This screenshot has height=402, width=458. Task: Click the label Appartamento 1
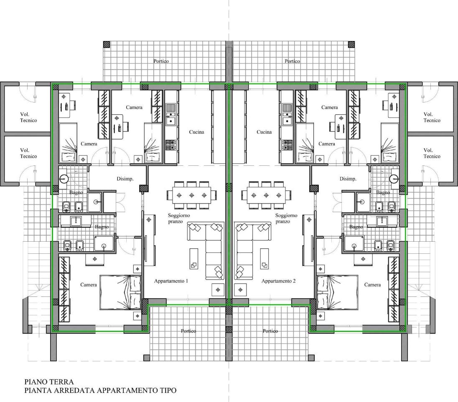coord(171,281)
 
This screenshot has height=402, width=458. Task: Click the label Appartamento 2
coord(278,281)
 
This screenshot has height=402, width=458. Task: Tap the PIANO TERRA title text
coord(49,382)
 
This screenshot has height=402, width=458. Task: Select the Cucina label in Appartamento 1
coord(196,132)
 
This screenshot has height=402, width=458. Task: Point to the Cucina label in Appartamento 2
coord(264,132)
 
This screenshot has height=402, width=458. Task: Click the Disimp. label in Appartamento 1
coord(125,179)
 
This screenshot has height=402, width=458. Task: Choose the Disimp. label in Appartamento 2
coord(348,179)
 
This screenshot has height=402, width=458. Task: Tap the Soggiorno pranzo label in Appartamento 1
coord(179,219)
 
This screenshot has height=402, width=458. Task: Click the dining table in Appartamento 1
coord(192,195)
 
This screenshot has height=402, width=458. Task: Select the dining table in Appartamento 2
coord(266,195)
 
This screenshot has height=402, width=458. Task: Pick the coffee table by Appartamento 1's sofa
coord(194,259)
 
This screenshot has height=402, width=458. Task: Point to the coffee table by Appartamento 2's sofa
coord(265,259)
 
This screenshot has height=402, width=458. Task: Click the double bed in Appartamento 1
coord(120,292)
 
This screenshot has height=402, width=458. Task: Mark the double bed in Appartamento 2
coord(337,292)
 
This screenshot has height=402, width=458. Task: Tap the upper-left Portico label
coord(161,61)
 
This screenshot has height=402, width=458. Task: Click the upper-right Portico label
coord(292,61)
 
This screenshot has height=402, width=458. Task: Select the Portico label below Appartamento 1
coord(188,331)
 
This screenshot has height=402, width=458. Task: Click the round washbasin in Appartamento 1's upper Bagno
coord(64,178)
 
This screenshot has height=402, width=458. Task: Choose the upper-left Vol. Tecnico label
coord(28,117)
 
